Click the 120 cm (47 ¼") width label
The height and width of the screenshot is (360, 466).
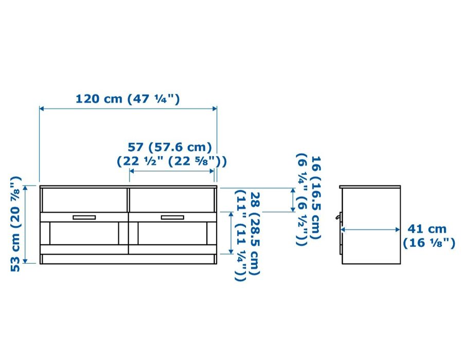tap(128, 99)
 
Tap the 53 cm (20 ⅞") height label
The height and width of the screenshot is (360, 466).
tap(15, 224)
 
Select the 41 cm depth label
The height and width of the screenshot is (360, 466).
tap(427, 229)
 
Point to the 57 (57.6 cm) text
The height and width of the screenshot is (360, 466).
tap(170, 147)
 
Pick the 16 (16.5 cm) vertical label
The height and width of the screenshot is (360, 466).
tap(316, 197)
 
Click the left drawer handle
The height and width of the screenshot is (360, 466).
tap(84, 218)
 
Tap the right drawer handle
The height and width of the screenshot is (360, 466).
tap(172, 218)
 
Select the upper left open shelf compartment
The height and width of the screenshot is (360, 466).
tap(85, 200)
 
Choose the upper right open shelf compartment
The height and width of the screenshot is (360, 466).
tap(172, 200)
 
